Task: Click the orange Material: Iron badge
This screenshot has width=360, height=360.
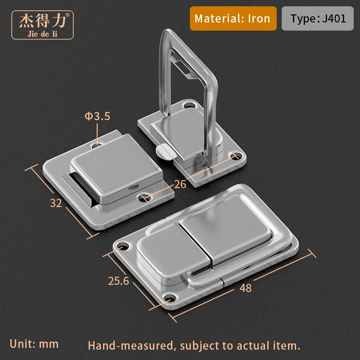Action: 233,18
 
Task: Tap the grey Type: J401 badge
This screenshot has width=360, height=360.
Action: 318,18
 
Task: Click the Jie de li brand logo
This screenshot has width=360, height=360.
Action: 42,25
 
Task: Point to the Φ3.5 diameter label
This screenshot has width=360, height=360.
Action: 97,116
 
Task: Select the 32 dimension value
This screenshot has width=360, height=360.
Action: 56,203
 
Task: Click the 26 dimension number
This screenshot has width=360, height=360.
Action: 180,184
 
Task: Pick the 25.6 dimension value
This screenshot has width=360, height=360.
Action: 118,281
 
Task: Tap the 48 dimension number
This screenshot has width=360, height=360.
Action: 245,288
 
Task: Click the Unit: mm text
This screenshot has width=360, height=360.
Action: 34,344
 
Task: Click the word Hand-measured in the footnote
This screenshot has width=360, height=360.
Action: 130,346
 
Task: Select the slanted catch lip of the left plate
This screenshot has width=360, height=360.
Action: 78,189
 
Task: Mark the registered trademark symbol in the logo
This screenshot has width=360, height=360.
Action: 67,15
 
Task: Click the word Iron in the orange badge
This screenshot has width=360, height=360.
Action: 259,18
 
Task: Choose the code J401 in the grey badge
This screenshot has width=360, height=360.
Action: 334,18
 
